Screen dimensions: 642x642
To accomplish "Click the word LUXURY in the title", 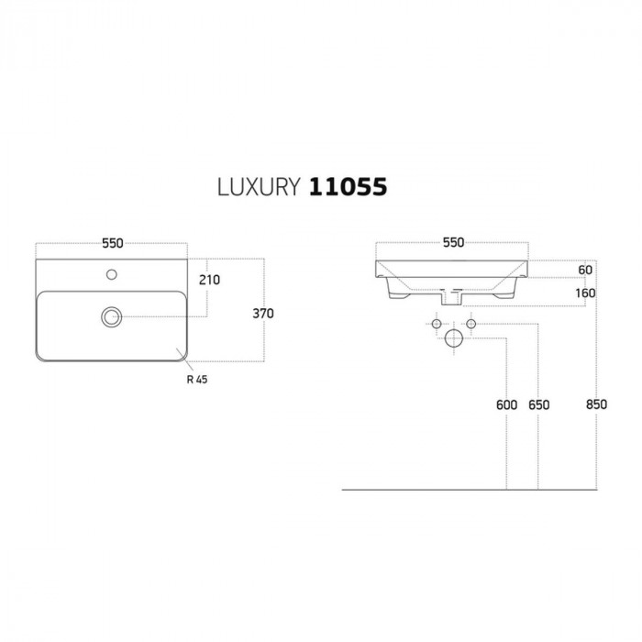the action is tap(259, 187).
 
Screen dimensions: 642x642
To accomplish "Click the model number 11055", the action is tap(348, 187).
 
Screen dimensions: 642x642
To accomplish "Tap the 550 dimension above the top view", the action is tap(113, 243).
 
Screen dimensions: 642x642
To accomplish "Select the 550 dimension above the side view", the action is tap(453, 242).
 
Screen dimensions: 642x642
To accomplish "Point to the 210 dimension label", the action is tap(209, 280).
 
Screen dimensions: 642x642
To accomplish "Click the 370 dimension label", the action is tap(263, 314).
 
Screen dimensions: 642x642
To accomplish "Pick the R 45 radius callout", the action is tap(197, 380).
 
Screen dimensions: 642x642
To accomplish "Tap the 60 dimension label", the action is tap(585, 270).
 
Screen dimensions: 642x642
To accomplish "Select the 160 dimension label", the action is tap(585, 293).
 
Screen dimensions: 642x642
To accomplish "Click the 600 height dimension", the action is tap(506, 405).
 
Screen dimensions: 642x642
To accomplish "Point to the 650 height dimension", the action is tap(539, 405).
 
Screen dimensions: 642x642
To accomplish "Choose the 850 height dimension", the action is tap(596, 404).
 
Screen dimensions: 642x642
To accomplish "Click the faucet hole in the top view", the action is tap(111, 274).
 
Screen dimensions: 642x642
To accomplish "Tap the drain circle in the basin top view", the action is tap(111, 317).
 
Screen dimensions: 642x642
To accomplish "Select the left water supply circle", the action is tap(437, 324).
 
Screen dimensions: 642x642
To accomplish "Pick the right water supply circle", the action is tap(470, 324).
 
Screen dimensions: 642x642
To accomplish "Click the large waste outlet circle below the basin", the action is tap(454, 338).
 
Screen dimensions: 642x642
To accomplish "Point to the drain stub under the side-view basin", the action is tap(451, 297).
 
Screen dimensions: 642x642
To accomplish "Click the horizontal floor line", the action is tap(470, 490).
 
